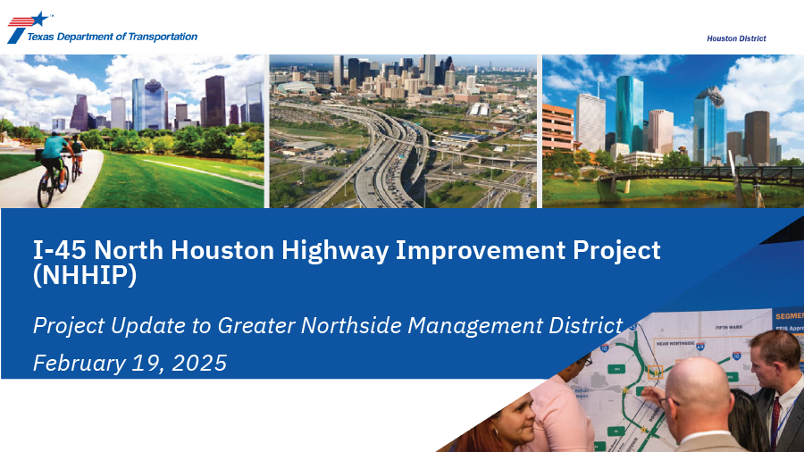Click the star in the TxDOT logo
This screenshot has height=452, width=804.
tap(40, 18)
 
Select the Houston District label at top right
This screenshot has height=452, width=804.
tap(736, 38)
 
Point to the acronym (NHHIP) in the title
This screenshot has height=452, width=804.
tap(85, 276)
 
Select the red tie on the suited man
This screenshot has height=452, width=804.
tap(775, 420)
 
